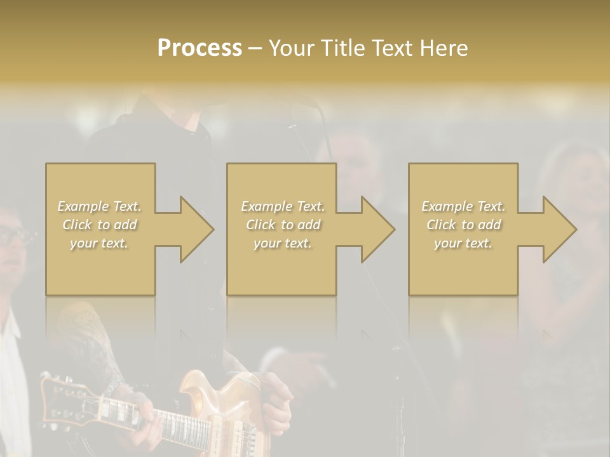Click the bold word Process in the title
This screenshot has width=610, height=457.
click(200, 48)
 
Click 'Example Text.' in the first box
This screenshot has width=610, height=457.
click(99, 206)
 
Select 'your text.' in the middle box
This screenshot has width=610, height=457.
click(282, 243)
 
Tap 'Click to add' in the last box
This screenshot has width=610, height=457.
click(463, 225)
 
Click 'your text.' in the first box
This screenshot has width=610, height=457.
click(99, 243)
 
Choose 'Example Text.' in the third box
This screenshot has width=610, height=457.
click(463, 206)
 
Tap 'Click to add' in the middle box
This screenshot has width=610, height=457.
click(282, 225)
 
